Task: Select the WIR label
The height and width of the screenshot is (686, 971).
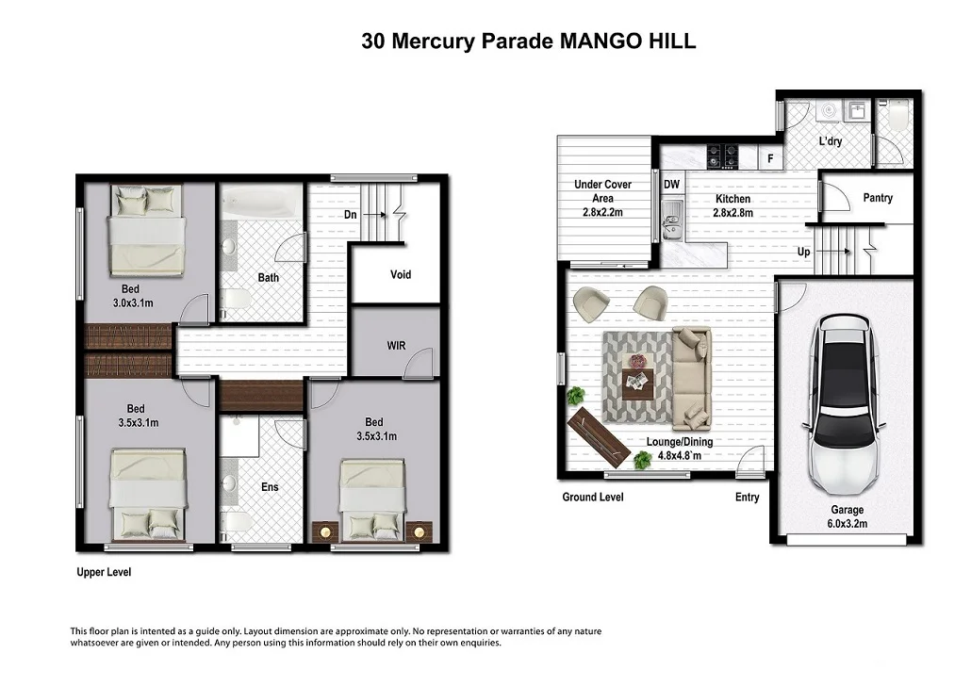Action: pos(396,346)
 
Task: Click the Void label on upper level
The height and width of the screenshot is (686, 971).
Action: pos(401,275)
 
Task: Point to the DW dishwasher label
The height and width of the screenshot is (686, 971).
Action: pos(671,185)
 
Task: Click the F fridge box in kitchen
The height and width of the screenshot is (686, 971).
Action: pos(770,159)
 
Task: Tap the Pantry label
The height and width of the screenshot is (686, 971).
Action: pos(877,198)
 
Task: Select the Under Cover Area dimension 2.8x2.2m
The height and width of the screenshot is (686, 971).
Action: pos(602,213)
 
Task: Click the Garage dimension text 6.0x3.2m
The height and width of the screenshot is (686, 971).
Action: pos(847,524)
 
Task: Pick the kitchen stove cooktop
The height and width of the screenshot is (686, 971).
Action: pos(723,155)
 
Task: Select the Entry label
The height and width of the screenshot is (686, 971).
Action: pos(747,498)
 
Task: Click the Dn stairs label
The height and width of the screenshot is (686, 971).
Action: pos(350,215)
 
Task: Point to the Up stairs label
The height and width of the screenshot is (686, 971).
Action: pos(803,253)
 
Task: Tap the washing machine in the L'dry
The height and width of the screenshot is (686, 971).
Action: pos(827,112)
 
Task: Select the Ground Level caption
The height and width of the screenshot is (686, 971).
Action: pos(592,498)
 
